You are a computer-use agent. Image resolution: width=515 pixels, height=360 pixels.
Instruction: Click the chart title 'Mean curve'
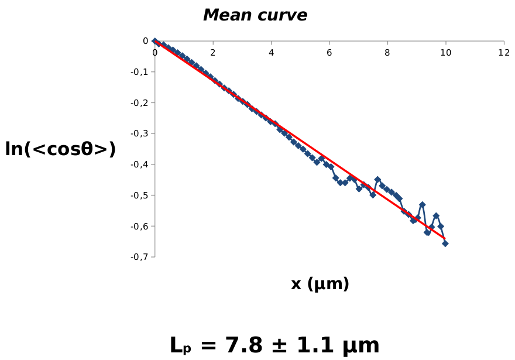[x=255, y=16]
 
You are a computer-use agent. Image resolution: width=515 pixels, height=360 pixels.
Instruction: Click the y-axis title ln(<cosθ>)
[x=60, y=149]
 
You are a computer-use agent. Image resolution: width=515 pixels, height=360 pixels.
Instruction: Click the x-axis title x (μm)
[x=320, y=284]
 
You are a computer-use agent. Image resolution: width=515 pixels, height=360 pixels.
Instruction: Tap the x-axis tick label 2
[x=213, y=53]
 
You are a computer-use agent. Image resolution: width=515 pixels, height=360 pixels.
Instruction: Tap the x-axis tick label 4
[x=271, y=53]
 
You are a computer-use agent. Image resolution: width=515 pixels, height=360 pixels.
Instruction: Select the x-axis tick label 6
[x=329, y=53]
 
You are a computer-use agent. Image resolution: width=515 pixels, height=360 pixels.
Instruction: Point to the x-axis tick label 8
[x=387, y=53]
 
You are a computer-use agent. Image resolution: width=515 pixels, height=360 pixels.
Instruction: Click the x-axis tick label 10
[x=445, y=53]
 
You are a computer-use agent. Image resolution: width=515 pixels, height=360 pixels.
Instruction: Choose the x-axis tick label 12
[x=503, y=53]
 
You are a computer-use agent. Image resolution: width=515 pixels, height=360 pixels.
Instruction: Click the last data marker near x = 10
[x=445, y=243]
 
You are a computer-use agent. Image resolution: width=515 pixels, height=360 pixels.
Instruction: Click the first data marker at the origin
[x=154, y=41]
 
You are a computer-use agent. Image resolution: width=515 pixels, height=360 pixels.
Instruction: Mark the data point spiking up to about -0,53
[x=422, y=205]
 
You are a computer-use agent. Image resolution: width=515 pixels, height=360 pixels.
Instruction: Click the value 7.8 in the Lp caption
[x=232, y=345]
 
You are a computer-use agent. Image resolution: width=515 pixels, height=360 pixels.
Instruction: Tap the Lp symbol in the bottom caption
[x=180, y=346]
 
